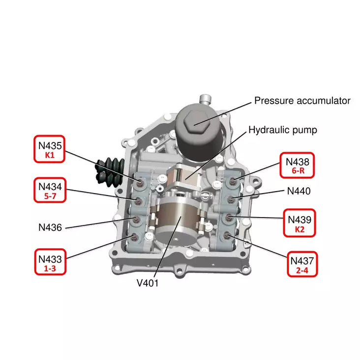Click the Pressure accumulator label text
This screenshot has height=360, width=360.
coord(302,101)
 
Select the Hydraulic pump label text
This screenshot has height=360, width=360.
coord(282,130)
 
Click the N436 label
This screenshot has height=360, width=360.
coord(51,227)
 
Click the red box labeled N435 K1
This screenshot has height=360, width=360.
coord(50,150)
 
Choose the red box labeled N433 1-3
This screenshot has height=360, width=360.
coord(50,262)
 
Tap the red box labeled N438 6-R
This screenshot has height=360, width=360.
coord(297,166)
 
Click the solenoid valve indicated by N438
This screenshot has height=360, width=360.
coord(235,179)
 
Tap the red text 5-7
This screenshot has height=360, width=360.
coord(50,195)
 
